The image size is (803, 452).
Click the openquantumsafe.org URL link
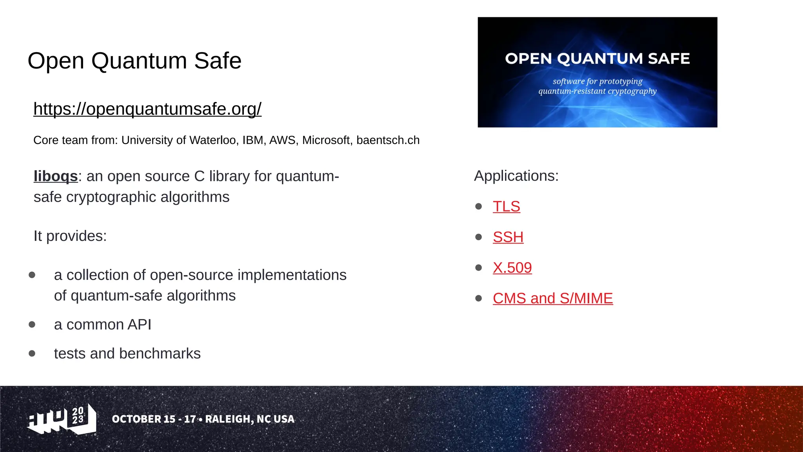(147, 109)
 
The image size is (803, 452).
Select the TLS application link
(506, 206)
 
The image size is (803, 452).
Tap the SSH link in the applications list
(508, 237)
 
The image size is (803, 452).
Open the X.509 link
(512, 268)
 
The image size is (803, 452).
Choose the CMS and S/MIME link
(552, 298)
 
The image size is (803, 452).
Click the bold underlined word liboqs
(56, 176)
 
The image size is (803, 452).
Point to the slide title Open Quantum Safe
(134, 61)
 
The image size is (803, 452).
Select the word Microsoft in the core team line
(326, 140)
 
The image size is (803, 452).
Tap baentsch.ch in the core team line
(388, 140)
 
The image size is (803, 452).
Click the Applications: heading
(516, 176)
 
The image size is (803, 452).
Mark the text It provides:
(70, 236)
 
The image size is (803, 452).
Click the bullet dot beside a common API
(32, 324)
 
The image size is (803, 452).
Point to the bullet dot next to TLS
(478, 206)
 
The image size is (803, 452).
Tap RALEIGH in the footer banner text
(229, 419)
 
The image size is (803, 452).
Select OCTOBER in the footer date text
(136, 419)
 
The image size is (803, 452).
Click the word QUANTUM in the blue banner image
(600, 58)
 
